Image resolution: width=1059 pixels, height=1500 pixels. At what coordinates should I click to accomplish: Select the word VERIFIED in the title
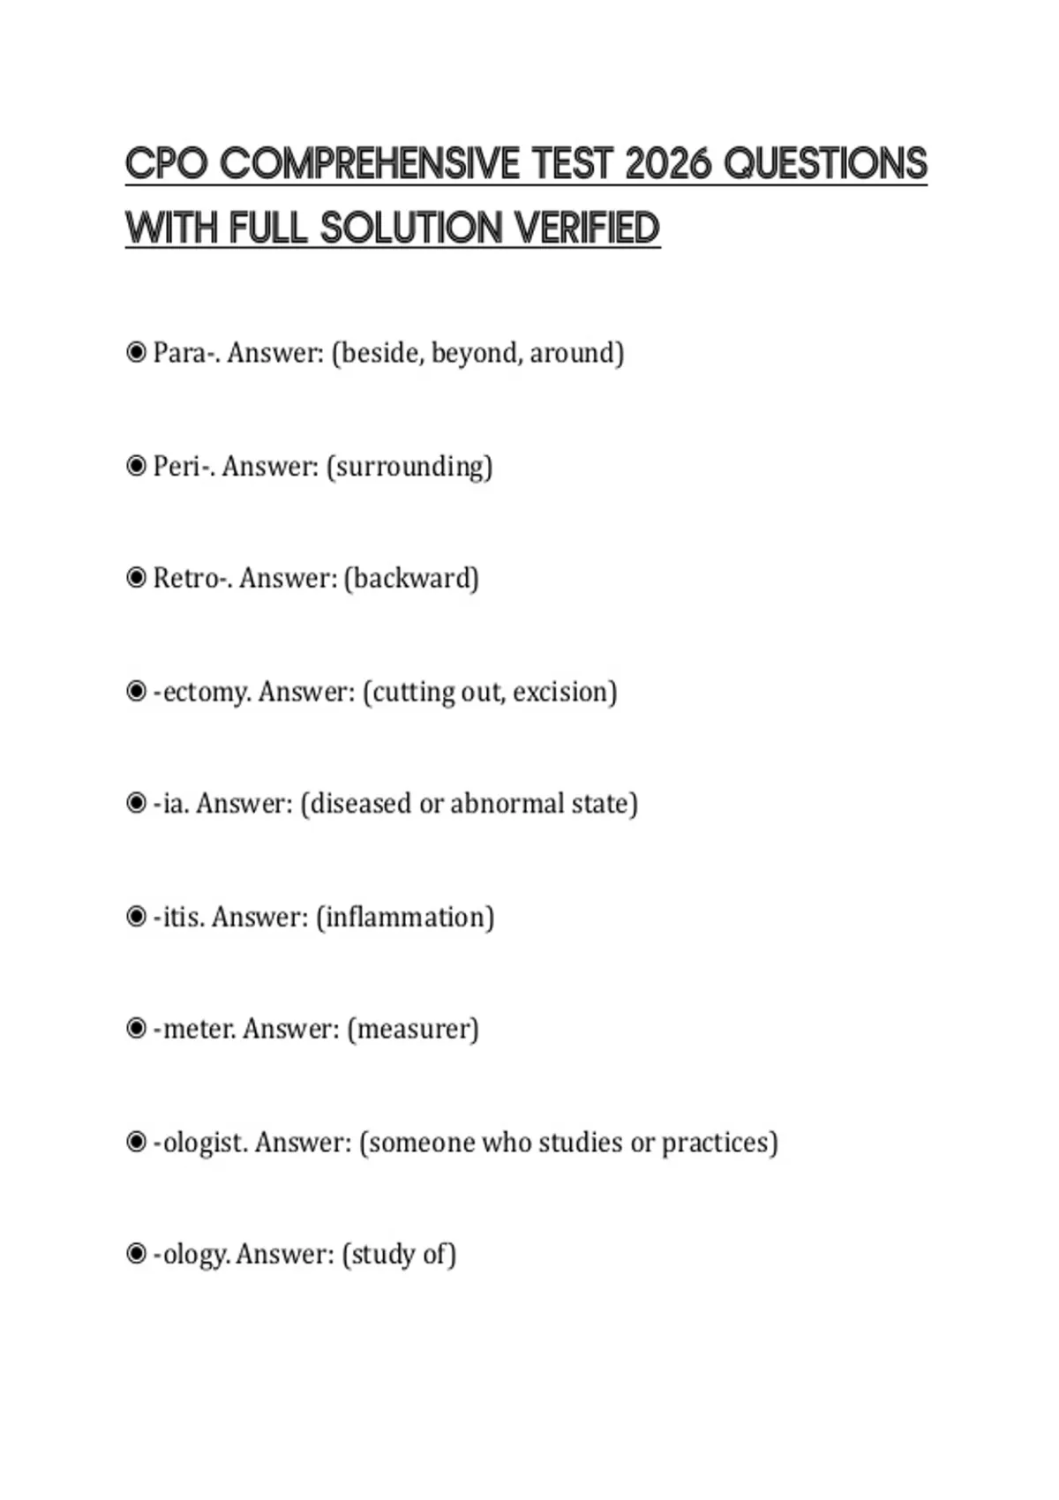pyautogui.click(x=587, y=228)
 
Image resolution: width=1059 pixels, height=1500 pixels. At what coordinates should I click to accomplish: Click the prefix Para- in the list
pyautogui.click(x=185, y=353)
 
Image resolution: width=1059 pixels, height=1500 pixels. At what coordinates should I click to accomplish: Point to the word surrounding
pyautogui.click(x=409, y=466)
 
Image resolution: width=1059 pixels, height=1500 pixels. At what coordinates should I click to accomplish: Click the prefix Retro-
pyautogui.click(x=192, y=578)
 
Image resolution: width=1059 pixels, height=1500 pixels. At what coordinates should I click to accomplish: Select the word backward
pyautogui.click(x=411, y=578)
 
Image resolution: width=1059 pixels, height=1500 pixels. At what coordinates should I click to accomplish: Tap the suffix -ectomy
pyautogui.click(x=202, y=692)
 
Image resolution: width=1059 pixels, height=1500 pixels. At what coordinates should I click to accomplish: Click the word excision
pyautogui.click(x=565, y=692)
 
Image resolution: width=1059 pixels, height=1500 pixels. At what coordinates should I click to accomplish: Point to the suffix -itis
pyautogui.click(x=179, y=917)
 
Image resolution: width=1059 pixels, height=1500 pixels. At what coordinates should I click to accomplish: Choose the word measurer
pyautogui.click(x=413, y=1029)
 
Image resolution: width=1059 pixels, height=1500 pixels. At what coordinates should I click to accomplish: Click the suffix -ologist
pyautogui.click(x=200, y=1142)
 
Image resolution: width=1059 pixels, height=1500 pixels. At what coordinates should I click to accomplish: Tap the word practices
pyautogui.click(x=719, y=1142)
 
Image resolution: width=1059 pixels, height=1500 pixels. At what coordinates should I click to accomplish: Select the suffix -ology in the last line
pyautogui.click(x=192, y=1254)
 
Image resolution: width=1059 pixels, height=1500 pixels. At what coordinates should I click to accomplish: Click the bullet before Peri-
pyautogui.click(x=136, y=465)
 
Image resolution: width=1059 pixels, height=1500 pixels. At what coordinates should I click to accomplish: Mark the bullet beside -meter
pyautogui.click(x=136, y=1028)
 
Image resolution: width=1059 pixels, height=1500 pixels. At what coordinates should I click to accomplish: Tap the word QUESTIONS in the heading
pyautogui.click(x=825, y=164)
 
